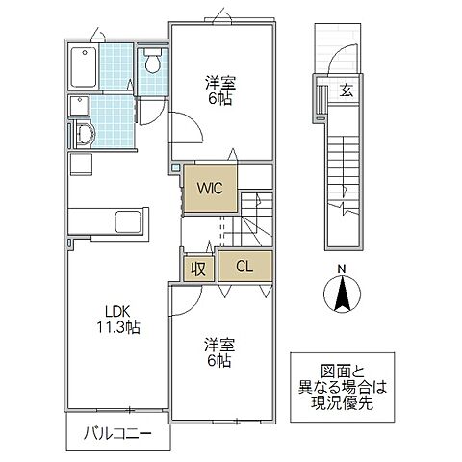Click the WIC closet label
click(212, 189)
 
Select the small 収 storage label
click(197, 268)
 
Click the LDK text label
click(119, 310)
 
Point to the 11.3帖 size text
click(119, 327)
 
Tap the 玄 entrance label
click(346, 91)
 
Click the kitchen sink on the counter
click(124, 218)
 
